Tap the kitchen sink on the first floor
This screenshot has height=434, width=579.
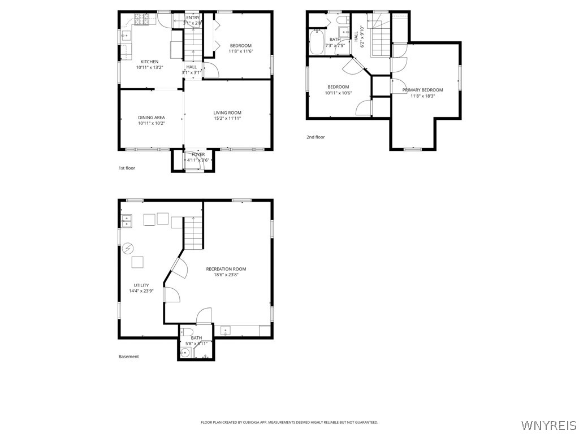tap(126, 36)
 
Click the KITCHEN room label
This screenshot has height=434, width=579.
tap(149, 62)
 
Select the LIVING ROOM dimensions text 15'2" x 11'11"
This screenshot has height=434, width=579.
tap(227, 119)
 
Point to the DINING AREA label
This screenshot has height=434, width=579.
tap(151, 118)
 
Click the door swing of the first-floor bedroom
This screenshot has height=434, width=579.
tap(210, 70)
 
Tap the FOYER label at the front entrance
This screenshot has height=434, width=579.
tap(198, 154)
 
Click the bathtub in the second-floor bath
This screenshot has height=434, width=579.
tap(316, 42)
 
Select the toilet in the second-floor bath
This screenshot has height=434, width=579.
tap(342, 21)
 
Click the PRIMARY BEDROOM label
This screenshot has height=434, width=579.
tap(422, 90)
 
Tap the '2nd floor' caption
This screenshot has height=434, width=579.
tap(316, 137)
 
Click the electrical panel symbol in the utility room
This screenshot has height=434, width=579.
tap(128, 248)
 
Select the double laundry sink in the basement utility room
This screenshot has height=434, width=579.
tap(126, 220)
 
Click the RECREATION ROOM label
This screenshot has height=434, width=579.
tap(226, 269)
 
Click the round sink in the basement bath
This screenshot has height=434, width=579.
tap(185, 353)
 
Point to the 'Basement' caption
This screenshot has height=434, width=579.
tap(128, 357)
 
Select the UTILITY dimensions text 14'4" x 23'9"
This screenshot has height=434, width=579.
tap(141, 291)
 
